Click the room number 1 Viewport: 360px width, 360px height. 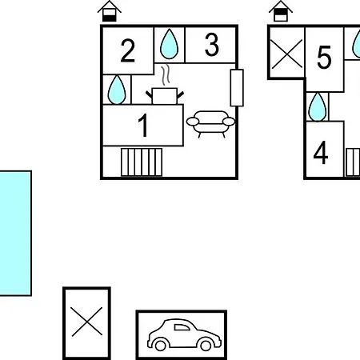143,125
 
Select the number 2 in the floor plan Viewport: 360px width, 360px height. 127,50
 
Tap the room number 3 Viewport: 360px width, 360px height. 212,45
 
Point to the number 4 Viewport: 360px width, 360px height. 321,153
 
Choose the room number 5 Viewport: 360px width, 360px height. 324,57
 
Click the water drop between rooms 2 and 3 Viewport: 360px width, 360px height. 169,44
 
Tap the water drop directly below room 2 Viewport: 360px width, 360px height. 117,90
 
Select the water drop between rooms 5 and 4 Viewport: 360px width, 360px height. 318,107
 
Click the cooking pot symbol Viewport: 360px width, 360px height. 165,96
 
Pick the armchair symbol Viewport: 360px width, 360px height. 210,124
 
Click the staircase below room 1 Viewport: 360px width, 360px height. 142,162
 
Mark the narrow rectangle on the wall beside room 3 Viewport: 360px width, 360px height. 237,88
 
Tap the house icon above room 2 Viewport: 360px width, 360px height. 110,11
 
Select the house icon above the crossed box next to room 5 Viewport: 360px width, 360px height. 281,11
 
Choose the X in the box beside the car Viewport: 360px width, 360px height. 87,322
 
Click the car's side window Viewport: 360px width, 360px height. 182,327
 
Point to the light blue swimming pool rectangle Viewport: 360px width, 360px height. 15,234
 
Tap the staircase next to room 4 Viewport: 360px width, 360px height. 353,162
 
